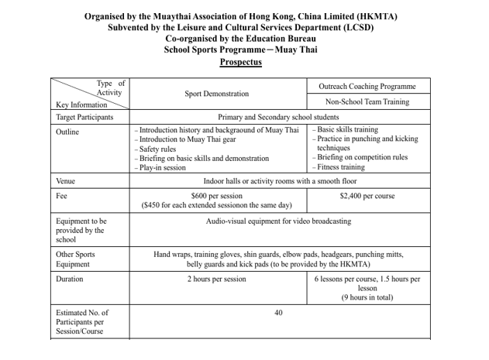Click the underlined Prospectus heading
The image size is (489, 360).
[x=240, y=62]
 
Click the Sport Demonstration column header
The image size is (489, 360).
[x=217, y=94]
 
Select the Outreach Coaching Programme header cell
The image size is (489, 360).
[x=367, y=86]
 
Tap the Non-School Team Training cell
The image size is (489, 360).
[x=367, y=101]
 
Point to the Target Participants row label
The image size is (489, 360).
[x=84, y=117]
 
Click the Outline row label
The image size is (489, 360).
[x=67, y=132]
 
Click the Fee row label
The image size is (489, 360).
[x=61, y=197]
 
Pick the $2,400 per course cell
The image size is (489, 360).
[x=367, y=197]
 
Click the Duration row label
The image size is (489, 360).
[x=70, y=279]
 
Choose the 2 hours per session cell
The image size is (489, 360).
[x=217, y=279]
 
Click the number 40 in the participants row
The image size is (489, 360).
[x=279, y=313]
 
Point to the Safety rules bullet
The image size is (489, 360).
[x=160, y=149]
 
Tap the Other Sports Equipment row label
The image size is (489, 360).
[x=76, y=259]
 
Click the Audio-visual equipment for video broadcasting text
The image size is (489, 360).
[x=278, y=221]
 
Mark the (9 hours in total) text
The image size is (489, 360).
[x=367, y=297]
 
